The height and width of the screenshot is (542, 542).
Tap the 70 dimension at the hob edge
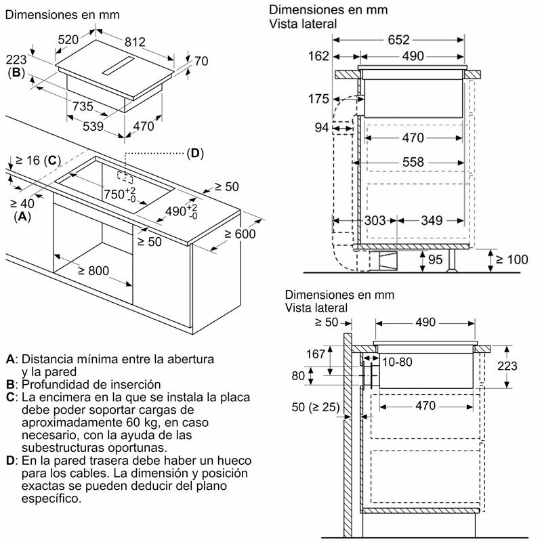coord(201,61)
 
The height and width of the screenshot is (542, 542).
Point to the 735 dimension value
coord(83,106)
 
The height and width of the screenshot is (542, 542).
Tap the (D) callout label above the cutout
coord(194,153)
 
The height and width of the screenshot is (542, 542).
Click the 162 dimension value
coord(317,56)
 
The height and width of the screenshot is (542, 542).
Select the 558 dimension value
coord(412,162)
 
